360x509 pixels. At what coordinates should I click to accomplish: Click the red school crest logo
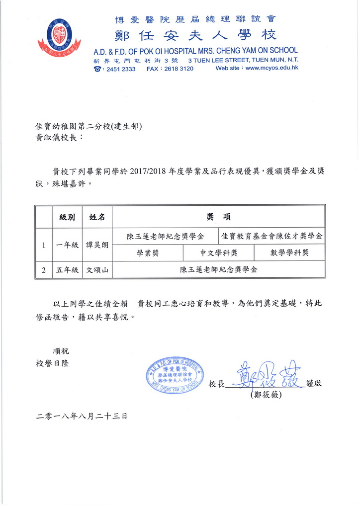tap(59, 37)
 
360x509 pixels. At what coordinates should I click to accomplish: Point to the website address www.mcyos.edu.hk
tap(272, 69)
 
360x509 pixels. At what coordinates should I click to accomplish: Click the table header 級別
tap(67, 217)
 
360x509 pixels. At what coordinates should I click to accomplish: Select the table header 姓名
tap(97, 217)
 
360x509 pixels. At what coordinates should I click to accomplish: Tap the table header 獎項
tap(218, 217)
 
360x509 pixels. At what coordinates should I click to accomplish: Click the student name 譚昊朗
tap(97, 245)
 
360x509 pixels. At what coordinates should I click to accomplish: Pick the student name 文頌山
tap(97, 270)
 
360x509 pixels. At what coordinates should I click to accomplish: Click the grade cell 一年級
tap(67, 245)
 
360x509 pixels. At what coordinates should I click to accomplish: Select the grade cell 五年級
tap(67, 270)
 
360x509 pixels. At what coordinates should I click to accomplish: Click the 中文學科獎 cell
tap(218, 253)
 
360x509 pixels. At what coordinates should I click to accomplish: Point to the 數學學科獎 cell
tap(289, 253)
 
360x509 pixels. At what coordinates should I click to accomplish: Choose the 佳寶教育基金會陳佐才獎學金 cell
tap(271, 236)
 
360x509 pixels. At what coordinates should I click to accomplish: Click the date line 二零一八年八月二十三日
tap(82, 416)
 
